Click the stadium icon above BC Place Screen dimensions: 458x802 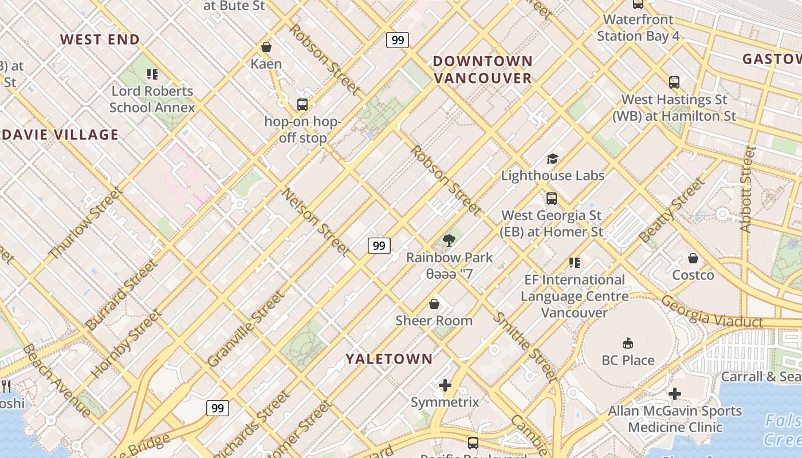coord(628,343)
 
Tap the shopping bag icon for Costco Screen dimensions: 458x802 coord(693,258)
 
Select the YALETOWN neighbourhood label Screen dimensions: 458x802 coord(389,359)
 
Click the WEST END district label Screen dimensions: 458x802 coord(100,40)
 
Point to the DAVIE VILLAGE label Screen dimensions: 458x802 coord(60,135)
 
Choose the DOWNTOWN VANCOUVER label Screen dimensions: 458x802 coord(482,69)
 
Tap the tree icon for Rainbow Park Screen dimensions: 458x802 coord(449,240)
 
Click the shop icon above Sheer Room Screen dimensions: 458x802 coord(434,303)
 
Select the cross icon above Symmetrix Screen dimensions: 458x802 coord(445,385)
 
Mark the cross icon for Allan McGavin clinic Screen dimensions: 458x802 coord(675,394)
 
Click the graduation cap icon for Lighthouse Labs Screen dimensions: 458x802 coord(552,159)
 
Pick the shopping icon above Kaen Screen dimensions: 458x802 coord(266,47)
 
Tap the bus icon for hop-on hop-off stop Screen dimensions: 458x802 coord(302,105)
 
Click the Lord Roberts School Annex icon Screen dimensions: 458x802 coord(152,74)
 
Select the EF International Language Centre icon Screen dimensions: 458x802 coord(575,263)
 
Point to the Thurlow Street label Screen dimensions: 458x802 coord(86,223)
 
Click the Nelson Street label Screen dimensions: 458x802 coord(316,222)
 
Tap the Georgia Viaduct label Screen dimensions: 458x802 coord(711,313)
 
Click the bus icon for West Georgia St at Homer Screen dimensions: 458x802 coord(552,199)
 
